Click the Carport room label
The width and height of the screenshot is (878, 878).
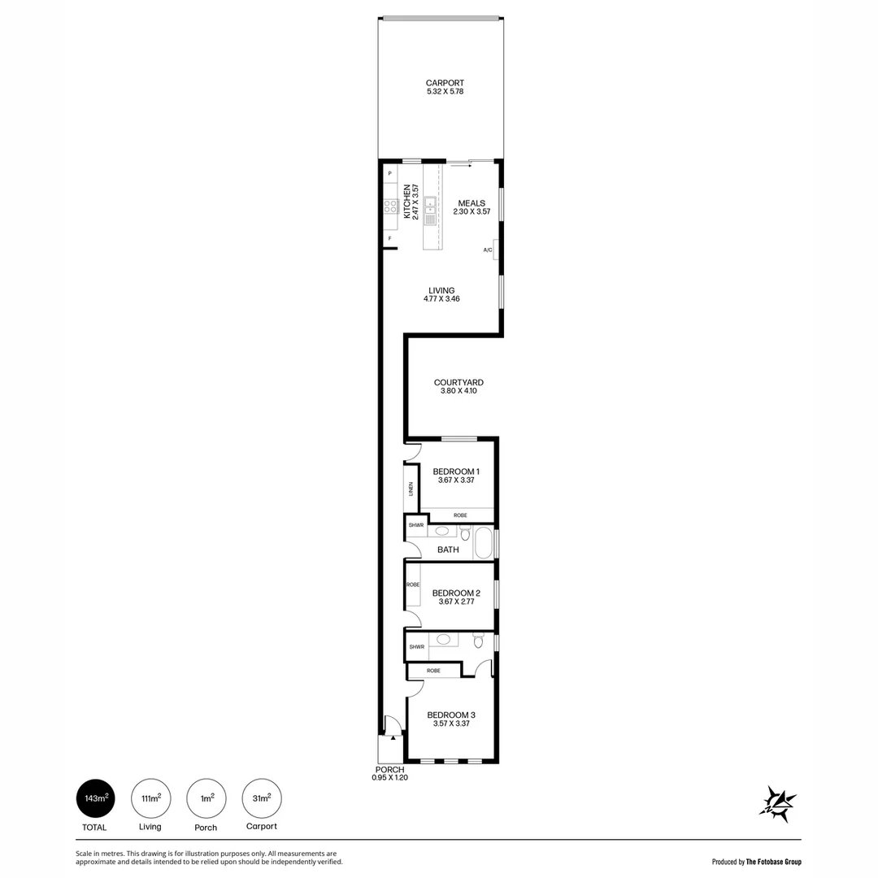coord(445,83)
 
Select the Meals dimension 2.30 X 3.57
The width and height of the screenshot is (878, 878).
coord(472,212)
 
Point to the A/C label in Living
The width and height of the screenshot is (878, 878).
coord(488,250)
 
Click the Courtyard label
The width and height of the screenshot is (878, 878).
coord(459,382)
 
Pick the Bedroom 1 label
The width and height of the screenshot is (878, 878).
coord(456,472)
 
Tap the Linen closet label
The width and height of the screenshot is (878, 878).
coord(412,489)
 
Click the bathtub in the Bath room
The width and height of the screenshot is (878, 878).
coord(483,543)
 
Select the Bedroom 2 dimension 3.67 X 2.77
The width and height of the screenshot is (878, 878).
coord(455,602)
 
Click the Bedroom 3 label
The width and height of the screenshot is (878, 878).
coord(451,715)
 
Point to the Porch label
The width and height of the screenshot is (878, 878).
coord(389,769)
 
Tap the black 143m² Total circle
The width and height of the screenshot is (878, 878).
coord(96,798)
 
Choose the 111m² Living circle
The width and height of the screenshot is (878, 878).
coord(150,798)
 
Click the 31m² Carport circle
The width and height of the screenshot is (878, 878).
coord(262,798)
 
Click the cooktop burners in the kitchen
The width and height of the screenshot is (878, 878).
coord(390,206)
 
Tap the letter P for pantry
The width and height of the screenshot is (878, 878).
coord(389,174)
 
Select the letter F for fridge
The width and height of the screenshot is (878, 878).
coord(389,238)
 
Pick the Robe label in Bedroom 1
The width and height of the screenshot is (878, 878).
coord(460,515)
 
